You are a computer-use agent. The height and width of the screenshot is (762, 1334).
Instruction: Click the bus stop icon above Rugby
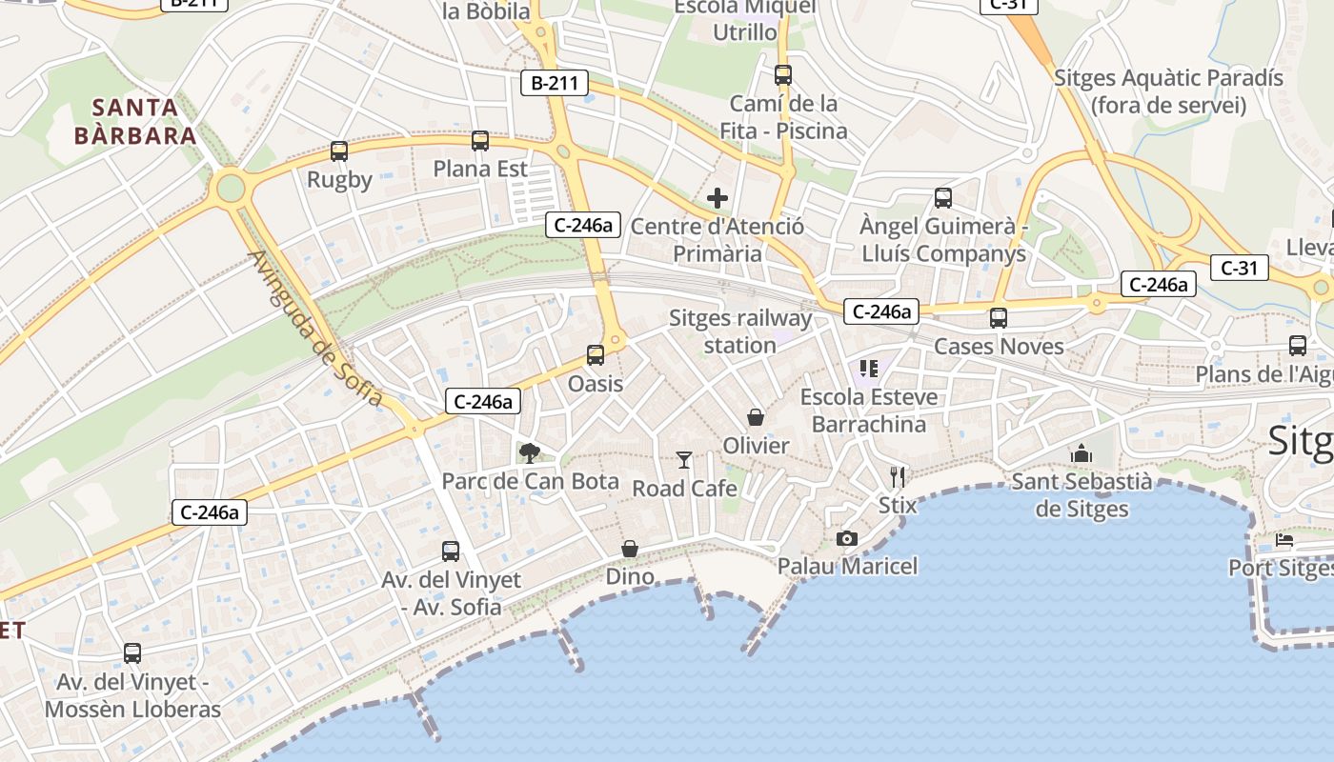338,150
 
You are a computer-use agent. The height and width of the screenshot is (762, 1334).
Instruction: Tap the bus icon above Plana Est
480,141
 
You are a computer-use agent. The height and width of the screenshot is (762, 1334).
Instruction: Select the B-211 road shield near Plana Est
555,83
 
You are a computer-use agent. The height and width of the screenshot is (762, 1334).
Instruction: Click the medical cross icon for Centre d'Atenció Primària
718,198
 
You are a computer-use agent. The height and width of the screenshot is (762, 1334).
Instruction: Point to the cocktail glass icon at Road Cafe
684,460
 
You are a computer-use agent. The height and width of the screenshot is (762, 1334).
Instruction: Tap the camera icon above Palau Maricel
846,539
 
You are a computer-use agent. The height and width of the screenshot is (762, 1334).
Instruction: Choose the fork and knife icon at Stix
897,476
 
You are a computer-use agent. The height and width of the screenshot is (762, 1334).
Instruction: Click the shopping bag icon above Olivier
756,417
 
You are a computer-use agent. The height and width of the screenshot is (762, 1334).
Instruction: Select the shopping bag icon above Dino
630,549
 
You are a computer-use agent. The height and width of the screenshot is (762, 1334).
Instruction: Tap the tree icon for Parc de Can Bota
529,453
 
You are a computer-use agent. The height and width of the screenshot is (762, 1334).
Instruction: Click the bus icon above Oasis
596,355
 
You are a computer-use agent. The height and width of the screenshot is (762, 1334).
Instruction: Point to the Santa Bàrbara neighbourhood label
135,121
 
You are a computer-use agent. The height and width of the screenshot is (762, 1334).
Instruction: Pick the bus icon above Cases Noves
999,318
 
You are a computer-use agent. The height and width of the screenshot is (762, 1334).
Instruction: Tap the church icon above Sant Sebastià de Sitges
1081,453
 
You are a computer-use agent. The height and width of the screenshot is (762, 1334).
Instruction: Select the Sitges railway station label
740,331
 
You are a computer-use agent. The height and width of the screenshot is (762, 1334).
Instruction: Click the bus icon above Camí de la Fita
783,74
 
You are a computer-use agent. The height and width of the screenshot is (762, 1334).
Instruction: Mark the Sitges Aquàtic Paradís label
1168,91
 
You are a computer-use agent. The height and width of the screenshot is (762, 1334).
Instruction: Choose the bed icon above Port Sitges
1284,541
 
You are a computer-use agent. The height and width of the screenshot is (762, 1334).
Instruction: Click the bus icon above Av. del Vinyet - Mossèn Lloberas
132,653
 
